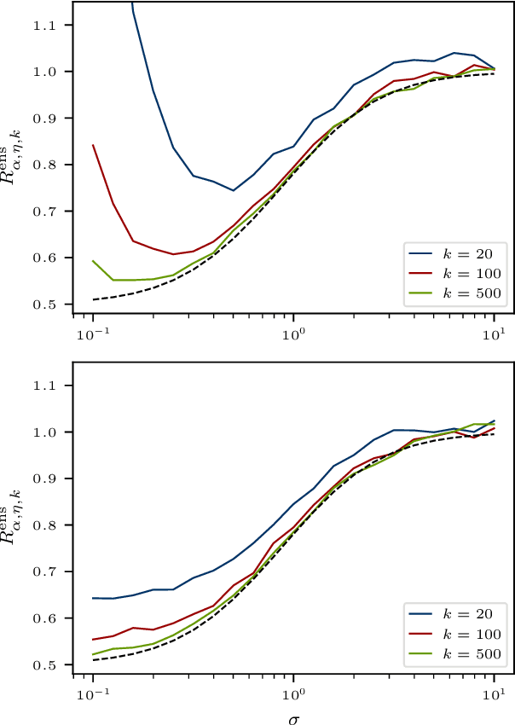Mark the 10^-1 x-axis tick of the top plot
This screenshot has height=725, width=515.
(92, 332)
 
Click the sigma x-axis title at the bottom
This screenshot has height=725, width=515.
(293, 716)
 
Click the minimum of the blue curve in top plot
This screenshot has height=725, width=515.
(233, 190)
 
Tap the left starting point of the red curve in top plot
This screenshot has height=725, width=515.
(92, 145)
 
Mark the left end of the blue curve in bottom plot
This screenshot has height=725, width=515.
(92, 598)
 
